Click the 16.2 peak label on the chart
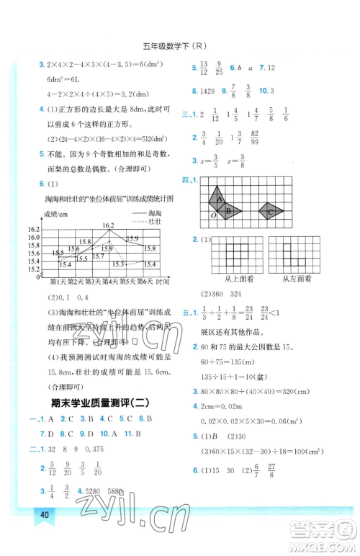pyautogui.click(x=108, y=225)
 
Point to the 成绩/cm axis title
pyautogui.click(x=44, y=215)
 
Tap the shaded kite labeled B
pyautogui.click(x=229, y=211)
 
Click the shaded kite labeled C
pyautogui.click(x=271, y=212)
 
